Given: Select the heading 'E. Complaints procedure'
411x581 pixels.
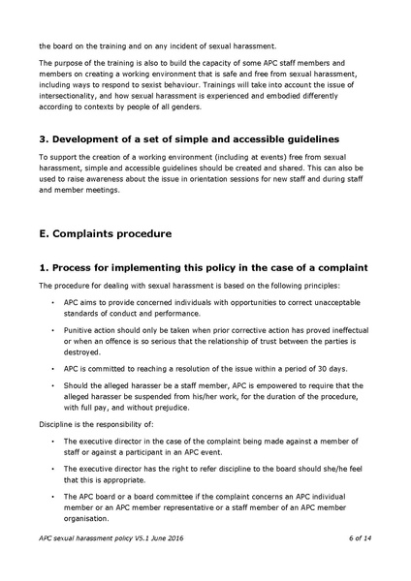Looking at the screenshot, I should pyautogui.click(x=106, y=233).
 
